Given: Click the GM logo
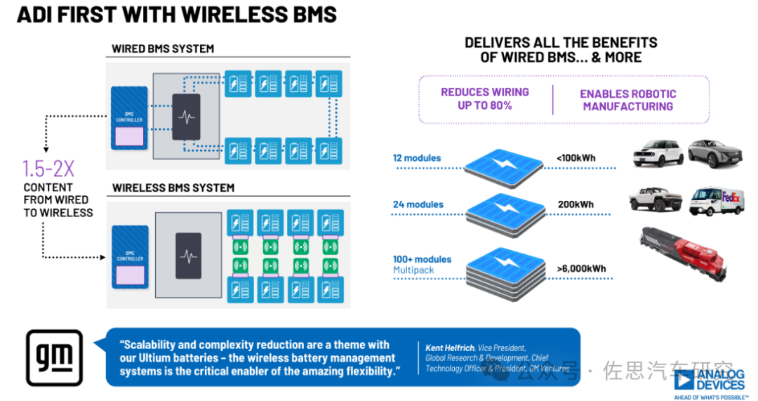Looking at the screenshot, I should (x=54, y=357).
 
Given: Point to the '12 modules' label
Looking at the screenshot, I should (x=417, y=158).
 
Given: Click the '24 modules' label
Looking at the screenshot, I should (x=418, y=204).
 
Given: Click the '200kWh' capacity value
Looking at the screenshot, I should (x=576, y=204).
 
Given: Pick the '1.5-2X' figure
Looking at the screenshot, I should (x=47, y=169).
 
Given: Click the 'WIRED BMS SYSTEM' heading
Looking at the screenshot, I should (x=163, y=49).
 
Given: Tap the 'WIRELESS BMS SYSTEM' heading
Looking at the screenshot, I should (x=173, y=188).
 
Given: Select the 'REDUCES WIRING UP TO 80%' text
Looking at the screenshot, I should (x=485, y=99).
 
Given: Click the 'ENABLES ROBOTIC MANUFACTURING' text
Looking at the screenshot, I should (x=628, y=100).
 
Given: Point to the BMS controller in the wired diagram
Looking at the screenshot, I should (x=130, y=117).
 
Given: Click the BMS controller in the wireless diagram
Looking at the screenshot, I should (x=130, y=256).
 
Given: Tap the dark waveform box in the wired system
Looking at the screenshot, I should (x=186, y=117).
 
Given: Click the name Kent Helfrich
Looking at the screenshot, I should (x=450, y=348).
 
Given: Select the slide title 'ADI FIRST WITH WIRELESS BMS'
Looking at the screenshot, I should (x=176, y=15).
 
